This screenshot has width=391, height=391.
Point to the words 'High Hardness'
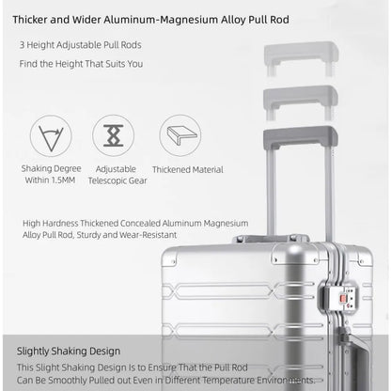point(50,224)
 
